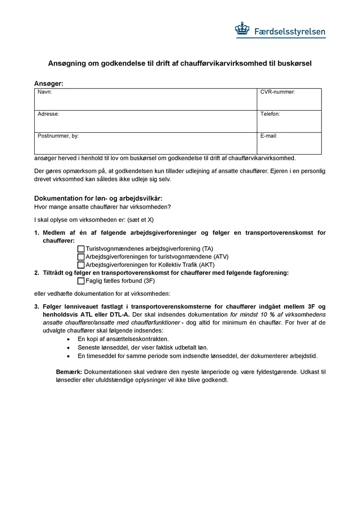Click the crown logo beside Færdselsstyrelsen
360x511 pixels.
tap(242, 29)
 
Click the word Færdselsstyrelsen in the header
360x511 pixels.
tap(289, 32)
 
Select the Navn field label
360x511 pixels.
tap(45, 92)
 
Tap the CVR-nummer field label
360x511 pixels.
tap(277, 92)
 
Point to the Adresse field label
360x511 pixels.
tap(48, 114)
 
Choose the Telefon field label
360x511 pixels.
tap(270, 114)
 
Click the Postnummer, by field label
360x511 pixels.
tap(58, 136)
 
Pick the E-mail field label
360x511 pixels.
tap(269, 136)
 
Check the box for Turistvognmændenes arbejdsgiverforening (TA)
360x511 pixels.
tap(81, 249)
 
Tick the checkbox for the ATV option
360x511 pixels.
tap(81, 257)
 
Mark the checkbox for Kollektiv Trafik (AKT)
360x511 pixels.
tap(81, 265)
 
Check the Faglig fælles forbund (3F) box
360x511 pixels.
tap(81, 281)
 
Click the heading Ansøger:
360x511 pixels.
tap(49, 83)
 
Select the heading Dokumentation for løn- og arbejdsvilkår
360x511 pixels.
tap(98, 198)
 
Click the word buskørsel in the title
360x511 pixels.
tap(294, 63)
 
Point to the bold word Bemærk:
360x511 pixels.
tap(69, 372)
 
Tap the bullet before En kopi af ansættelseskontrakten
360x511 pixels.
tap(69, 339)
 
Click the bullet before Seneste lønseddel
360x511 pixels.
tap(69, 348)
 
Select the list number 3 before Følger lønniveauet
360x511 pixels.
tap(37, 307)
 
